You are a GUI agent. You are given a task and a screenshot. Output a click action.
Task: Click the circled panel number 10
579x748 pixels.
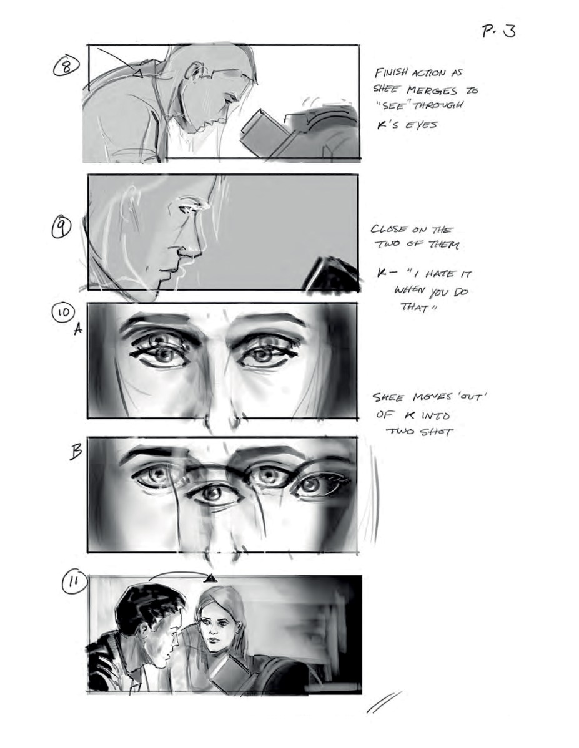point(66,312)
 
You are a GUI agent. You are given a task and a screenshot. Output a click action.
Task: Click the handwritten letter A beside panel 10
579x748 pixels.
point(78,332)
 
